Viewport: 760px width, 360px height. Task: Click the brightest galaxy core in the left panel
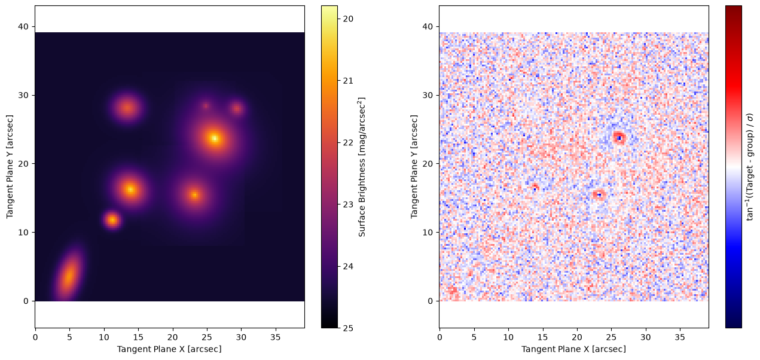pyautogui.click(x=215, y=138)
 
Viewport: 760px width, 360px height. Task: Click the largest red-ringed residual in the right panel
pyautogui.click(x=619, y=138)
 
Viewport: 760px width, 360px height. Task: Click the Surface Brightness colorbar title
pyautogui.click(x=362, y=167)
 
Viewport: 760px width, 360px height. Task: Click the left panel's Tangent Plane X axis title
pyautogui.click(x=169, y=349)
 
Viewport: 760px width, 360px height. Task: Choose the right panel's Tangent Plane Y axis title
pyautogui.click(x=414, y=167)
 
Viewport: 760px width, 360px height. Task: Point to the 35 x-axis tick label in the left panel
pyautogui.click(x=276, y=337)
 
